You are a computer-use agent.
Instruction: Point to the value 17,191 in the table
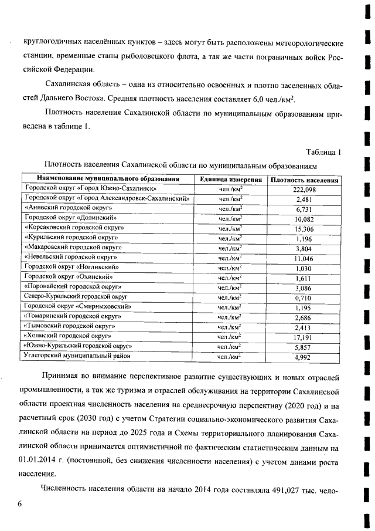coord(304,336)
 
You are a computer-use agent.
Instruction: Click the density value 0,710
coord(304,297)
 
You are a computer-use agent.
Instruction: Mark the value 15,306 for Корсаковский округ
coord(304,228)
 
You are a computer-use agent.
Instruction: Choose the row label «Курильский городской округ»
coord(71,238)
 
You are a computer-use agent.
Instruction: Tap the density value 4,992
coord(304,356)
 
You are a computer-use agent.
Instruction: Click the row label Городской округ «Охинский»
coord(68,277)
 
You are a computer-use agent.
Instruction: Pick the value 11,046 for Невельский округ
coord(304,258)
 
